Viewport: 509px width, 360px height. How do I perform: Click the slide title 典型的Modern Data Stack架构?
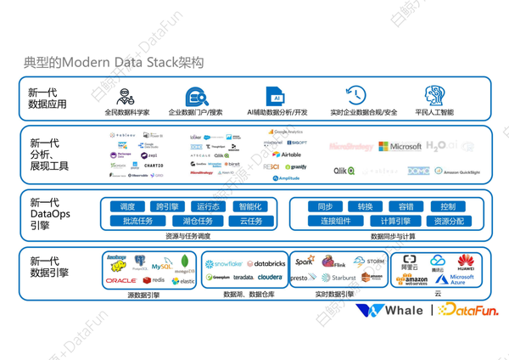click(114, 63)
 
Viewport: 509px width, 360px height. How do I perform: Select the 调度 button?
click(127, 206)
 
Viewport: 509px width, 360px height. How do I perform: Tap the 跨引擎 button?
click(167, 206)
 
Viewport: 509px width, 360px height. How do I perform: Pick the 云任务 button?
click(250, 221)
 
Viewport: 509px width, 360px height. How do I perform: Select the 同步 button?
click(325, 206)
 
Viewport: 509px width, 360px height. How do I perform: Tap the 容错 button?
click(406, 206)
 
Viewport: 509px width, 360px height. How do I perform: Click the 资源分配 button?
click(448, 221)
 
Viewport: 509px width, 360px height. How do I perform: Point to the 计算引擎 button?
click(395, 221)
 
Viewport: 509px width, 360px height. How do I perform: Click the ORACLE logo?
click(121, 280)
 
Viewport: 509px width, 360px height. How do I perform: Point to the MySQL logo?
click(161, 266)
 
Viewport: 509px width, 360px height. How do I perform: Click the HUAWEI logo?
click(466, 262)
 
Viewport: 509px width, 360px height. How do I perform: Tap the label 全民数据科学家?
click(127, 112)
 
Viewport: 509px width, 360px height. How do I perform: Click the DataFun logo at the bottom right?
click(468, 311)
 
